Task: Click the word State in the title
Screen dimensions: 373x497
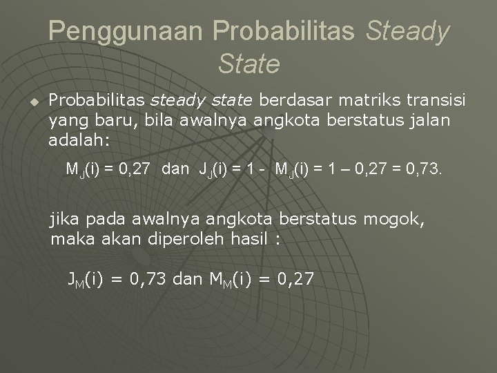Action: pyautogui.click(x=248, y=65)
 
